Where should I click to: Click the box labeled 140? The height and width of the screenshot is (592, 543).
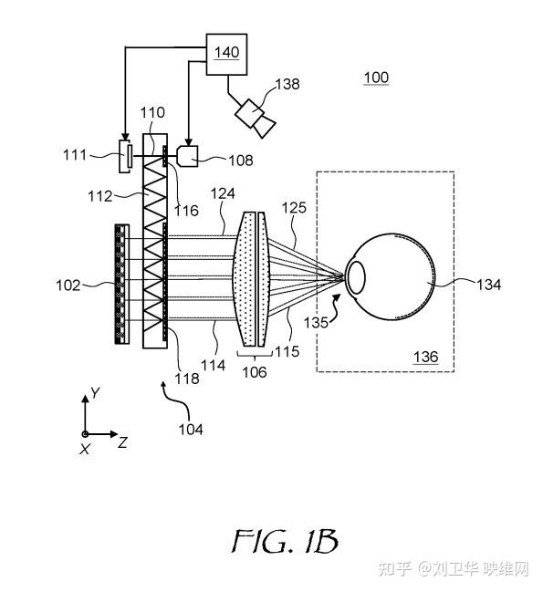click(x=226, y=55)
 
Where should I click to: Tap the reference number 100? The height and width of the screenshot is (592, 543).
click(x=376, y=78)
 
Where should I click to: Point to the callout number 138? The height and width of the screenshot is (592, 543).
click(x=287, y=84)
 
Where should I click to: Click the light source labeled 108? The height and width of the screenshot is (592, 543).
click(x=188, y=156)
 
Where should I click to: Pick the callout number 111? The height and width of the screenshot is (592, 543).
click(x=75, y=155)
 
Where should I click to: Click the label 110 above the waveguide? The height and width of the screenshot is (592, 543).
click(x=152, y=112)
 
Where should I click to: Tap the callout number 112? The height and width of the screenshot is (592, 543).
click(x=100, y=196)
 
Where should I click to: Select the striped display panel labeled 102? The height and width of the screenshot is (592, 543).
click(x=122, y=284)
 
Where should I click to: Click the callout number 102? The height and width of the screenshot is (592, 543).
click(x=68, y=285)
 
